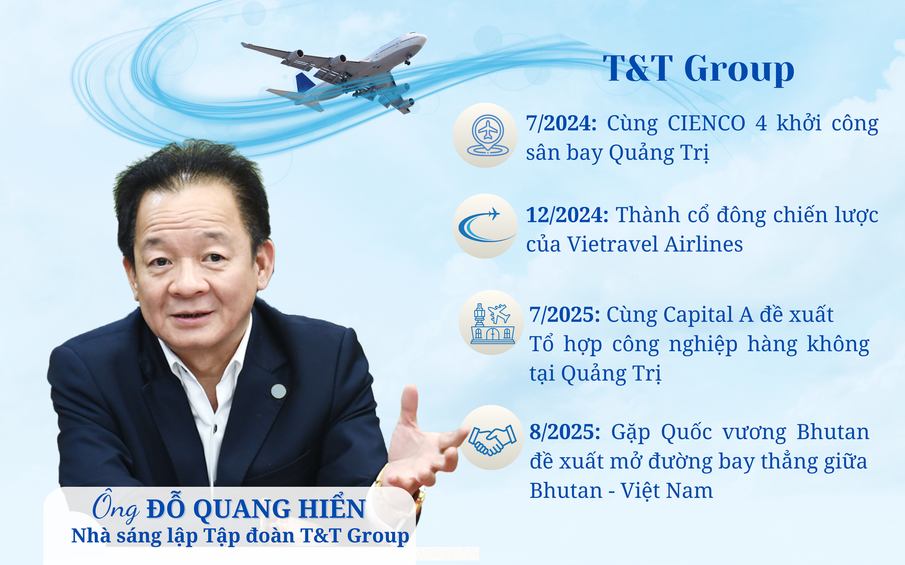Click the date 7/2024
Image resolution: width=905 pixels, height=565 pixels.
pyautogui.click(x=561, y=123)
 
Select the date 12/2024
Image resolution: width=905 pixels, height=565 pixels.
pyautogui.click(x=567, y=215)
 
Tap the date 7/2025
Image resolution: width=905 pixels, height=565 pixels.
pyautogui.click(x=565, y=315)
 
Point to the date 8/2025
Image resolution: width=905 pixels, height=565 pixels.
pyautogui.click(x=565, y=432)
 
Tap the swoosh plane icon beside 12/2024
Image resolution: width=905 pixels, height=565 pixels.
pyautogui.click(x=485, y=226)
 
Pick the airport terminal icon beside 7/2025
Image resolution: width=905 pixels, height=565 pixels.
pyautogui.click(x=492, y=323)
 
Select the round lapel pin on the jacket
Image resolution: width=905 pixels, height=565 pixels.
pyautogui.click(x=278, y=391)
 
